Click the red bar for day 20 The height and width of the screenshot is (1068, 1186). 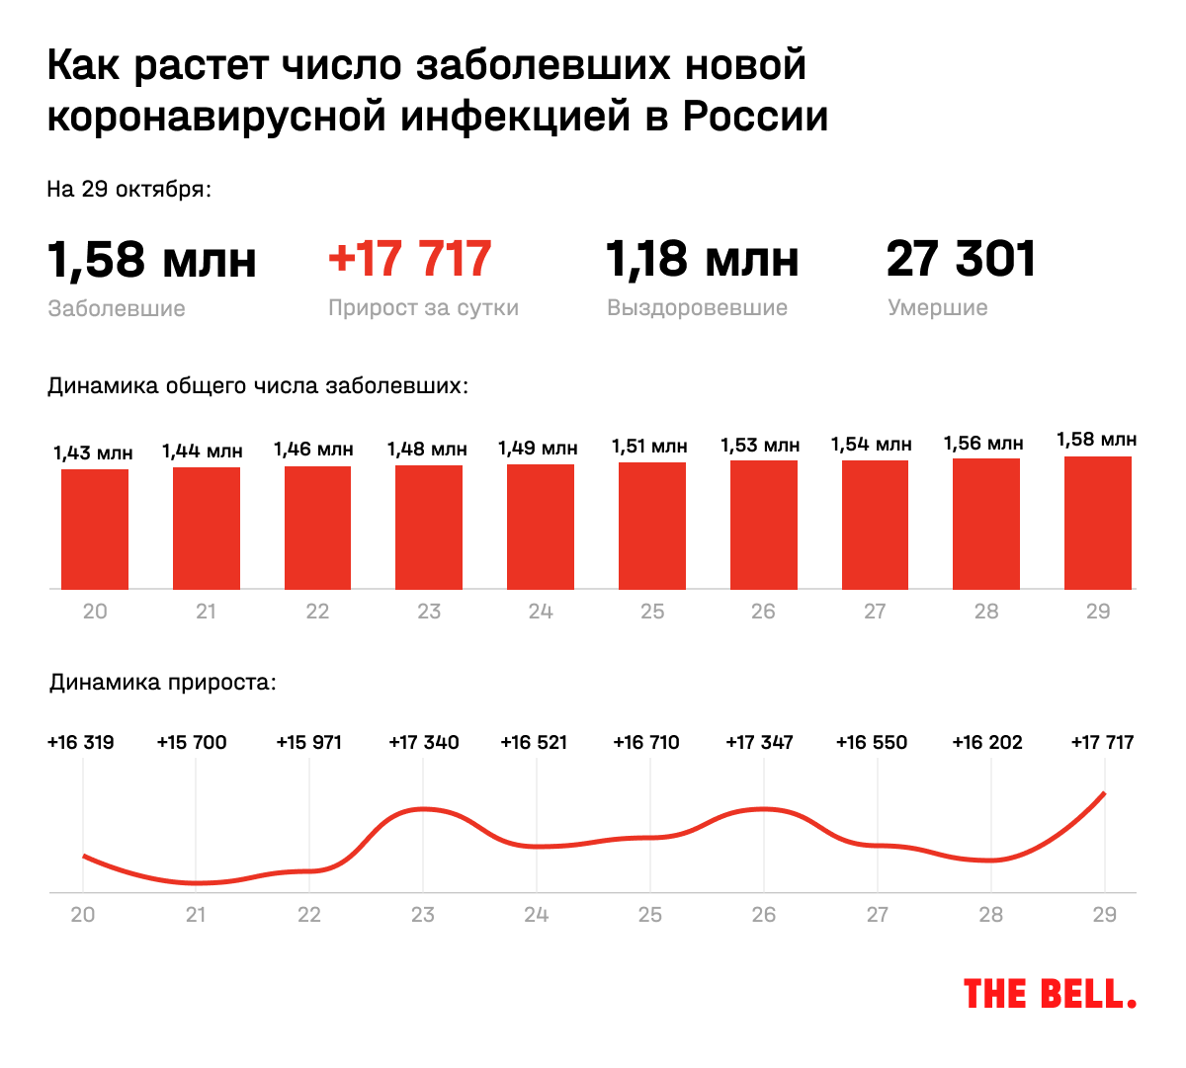[95, 529]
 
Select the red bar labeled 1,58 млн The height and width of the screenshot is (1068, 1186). [1097, 523]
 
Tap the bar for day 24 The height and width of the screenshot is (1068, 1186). [541, 527]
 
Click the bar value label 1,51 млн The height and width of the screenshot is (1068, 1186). [649, 447]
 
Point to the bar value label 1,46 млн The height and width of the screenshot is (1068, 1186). [313, 450]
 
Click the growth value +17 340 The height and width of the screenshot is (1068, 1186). [423, 742]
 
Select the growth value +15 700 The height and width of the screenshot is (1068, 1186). [192, 742]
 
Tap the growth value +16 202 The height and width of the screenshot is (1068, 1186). [986, 742]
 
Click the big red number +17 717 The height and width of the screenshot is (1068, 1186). [409, 259]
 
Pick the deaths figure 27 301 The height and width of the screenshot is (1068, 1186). [961, 259]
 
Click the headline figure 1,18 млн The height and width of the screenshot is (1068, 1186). [702, 259]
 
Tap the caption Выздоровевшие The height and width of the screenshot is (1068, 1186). [697, 308]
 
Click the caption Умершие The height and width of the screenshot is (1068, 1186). [937, 308]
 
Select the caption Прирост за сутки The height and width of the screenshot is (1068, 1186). [423, 308]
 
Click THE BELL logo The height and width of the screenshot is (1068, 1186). [1049, 994]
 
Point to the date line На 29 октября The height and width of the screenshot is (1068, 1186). [128, 189]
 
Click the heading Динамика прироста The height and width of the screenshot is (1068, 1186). [163, 683]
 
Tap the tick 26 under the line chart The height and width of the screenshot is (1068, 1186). [763, 915]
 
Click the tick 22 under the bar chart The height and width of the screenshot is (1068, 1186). [317, 612]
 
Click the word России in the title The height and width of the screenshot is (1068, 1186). [755, 117]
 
